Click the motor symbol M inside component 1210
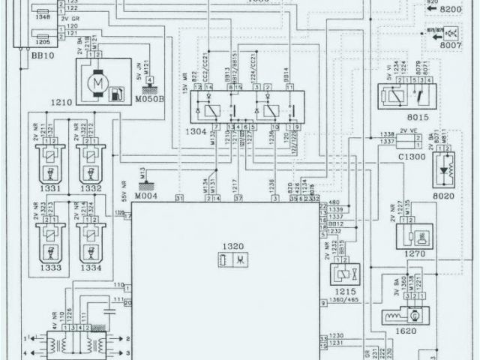(96, 80)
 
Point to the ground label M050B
(150, 97)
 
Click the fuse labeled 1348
(42, 16)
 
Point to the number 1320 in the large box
(232, 247)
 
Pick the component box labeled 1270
(414, 235)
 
